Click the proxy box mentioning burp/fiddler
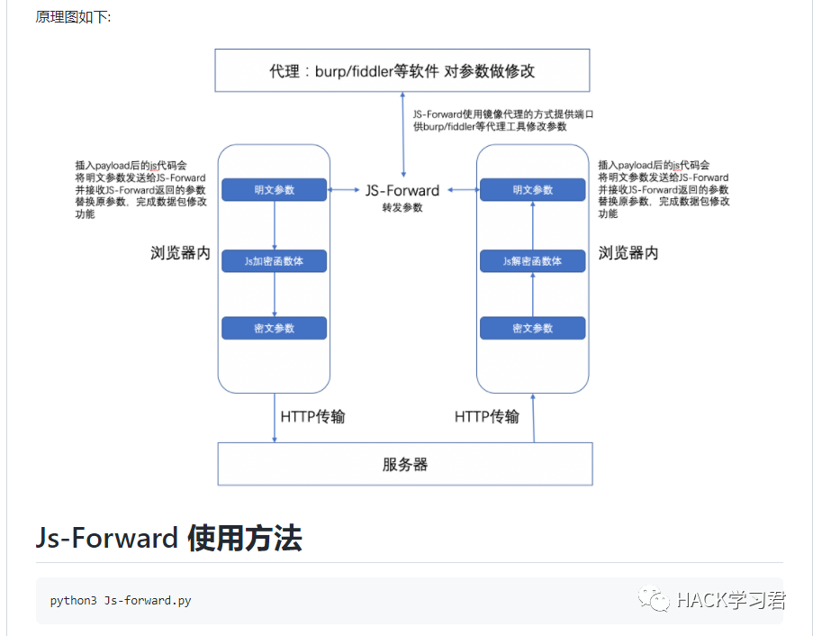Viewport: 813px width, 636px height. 402,70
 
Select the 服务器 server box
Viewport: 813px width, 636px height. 405,464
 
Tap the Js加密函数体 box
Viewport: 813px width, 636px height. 274,261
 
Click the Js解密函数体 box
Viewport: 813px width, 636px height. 532,261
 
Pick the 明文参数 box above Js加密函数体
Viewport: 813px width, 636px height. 274,190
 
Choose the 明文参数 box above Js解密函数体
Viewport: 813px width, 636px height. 532,190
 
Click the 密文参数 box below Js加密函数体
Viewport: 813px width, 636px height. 274,328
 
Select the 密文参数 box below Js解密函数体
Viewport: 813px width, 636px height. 532,328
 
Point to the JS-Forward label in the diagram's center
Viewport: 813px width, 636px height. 402,190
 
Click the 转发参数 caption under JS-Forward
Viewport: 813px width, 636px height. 402,207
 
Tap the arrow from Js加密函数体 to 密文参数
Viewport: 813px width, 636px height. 274,295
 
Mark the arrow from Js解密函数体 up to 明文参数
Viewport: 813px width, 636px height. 532,225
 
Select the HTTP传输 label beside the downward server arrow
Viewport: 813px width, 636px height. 312,416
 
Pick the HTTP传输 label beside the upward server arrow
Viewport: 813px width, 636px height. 487,416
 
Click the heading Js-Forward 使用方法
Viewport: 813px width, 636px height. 169,538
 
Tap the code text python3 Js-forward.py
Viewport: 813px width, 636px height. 121,601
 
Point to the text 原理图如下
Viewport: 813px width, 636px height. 73,17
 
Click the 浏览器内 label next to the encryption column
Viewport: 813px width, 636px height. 180,253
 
